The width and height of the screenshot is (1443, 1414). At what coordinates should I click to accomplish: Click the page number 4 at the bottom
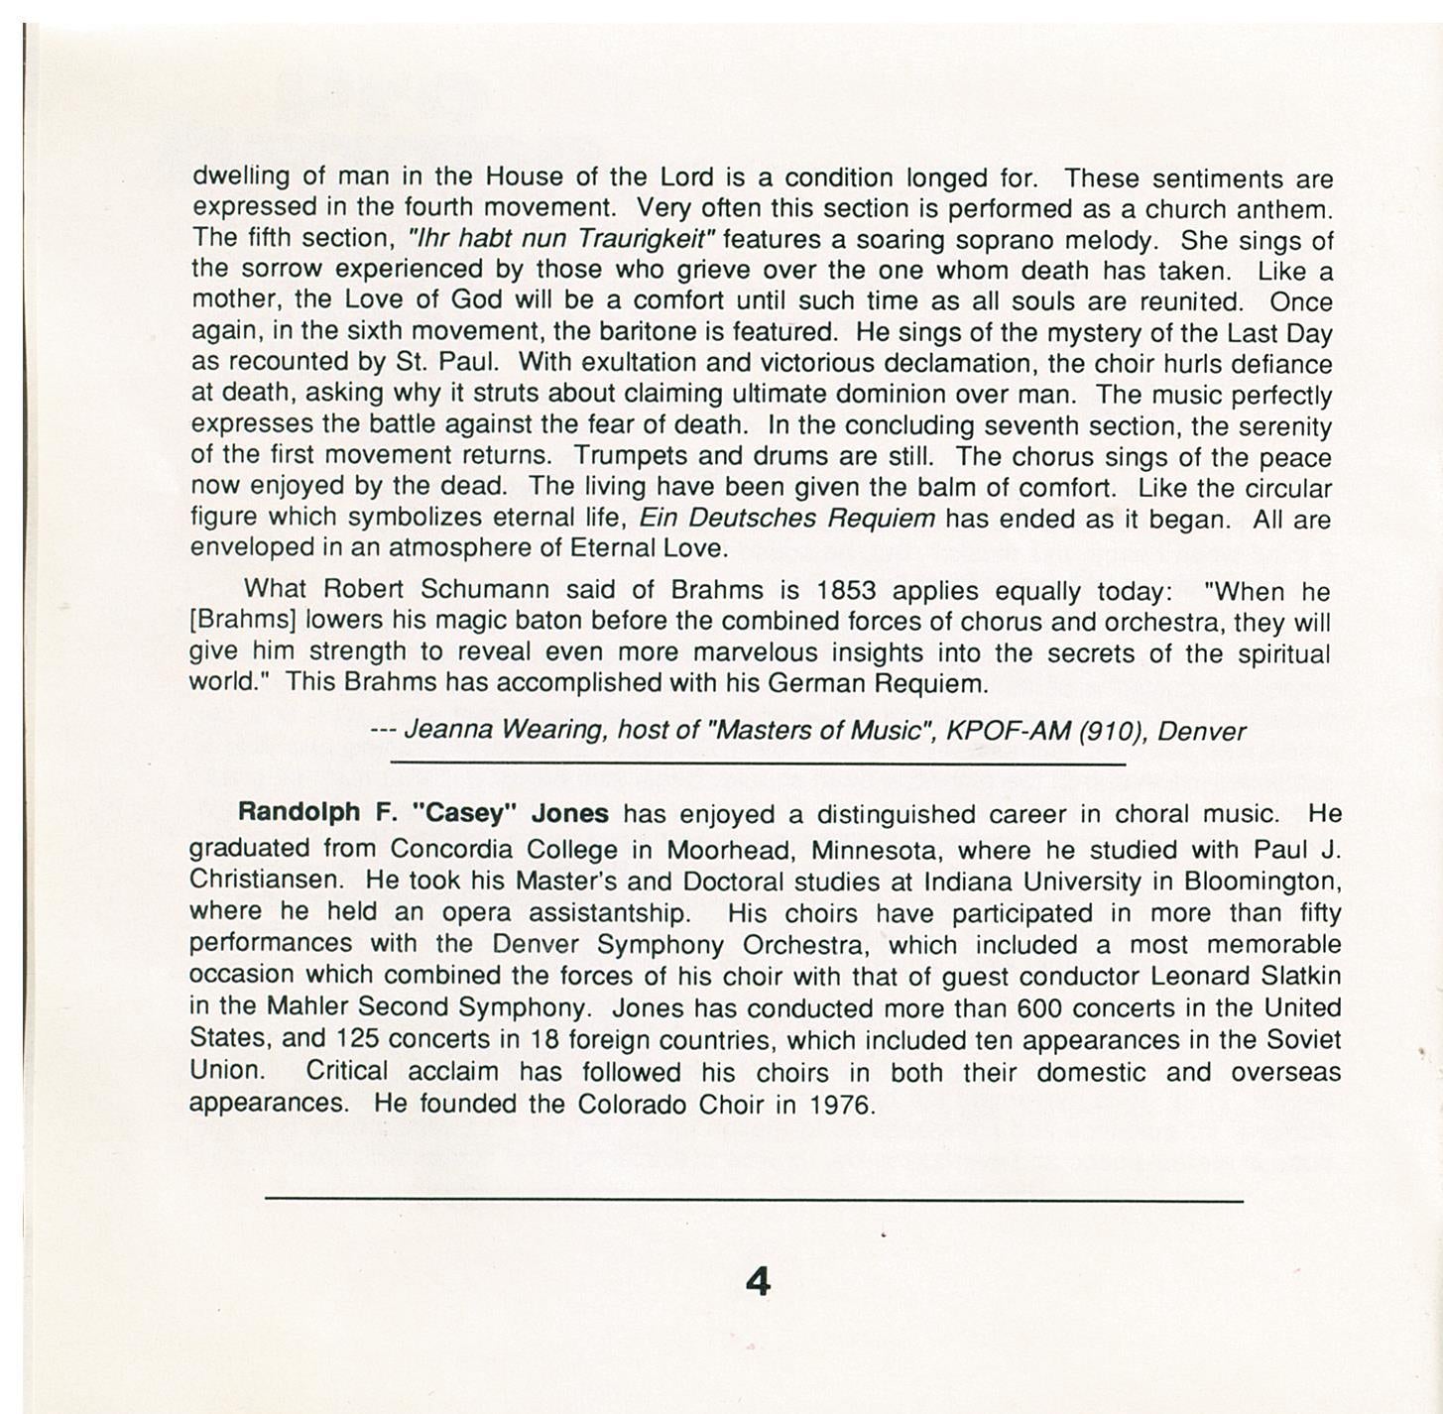pos(757,1282)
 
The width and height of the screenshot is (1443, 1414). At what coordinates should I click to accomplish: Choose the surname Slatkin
pos(1302,976)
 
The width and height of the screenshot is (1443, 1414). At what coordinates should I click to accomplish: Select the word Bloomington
pos(1262,881)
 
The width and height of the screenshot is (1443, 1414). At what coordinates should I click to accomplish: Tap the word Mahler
pos(307,1007)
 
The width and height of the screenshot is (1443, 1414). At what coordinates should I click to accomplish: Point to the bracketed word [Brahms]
pos(243,622)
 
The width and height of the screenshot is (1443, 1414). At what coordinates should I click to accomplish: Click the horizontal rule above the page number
pos(754,1201)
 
